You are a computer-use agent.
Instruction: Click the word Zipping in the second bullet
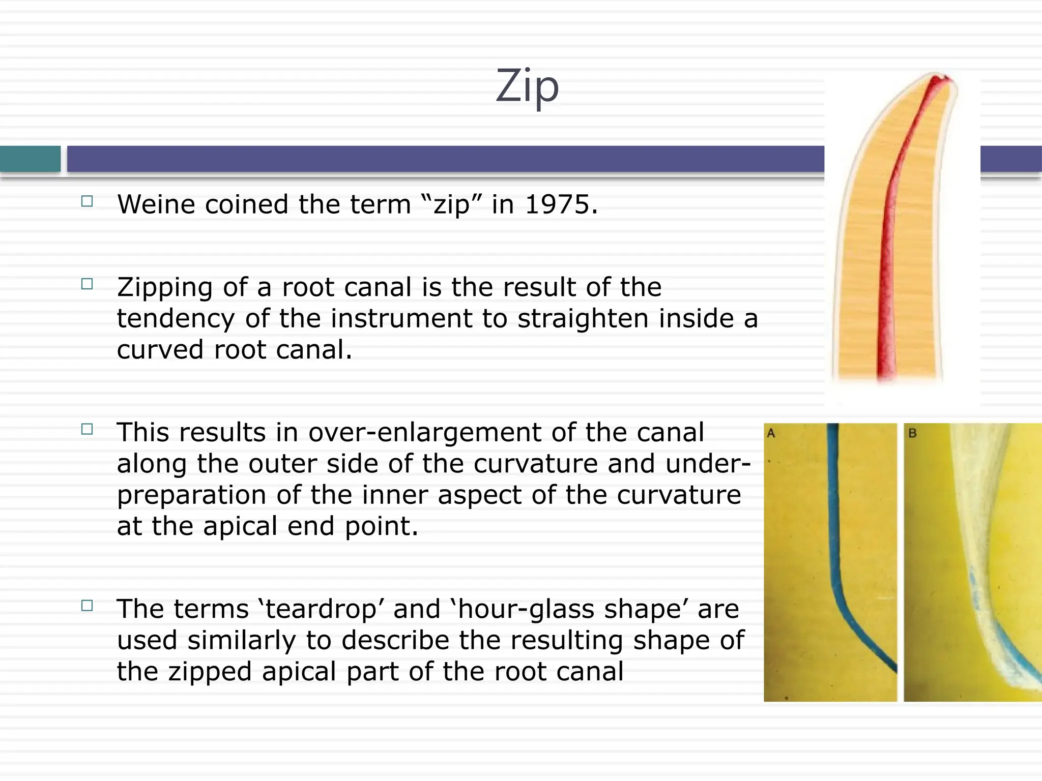(164, 288)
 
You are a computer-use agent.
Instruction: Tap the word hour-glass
(516, 609)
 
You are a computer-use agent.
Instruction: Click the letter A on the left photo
(771, 434)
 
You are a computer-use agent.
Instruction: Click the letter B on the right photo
(912, 434)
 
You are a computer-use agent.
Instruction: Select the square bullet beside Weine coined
(87, 201)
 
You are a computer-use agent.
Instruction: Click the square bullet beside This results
(87, 429)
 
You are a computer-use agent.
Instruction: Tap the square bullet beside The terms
(87, 606)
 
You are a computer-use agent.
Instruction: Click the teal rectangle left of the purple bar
(30, 159)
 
